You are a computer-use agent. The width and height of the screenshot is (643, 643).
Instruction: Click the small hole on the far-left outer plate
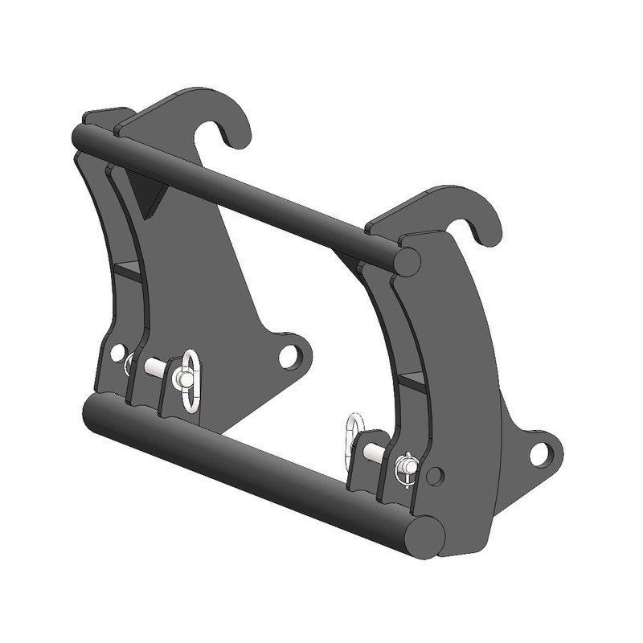pyautogui.click(x=117, y=353)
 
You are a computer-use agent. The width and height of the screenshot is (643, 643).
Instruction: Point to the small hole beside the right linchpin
pyautogui.click(x=434, y=475)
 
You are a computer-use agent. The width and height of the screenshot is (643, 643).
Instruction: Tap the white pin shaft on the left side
pyautogui.click(x=154, y=366)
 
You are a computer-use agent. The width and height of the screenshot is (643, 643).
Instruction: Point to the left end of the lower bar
pyautogui.click(x=93, y=410)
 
